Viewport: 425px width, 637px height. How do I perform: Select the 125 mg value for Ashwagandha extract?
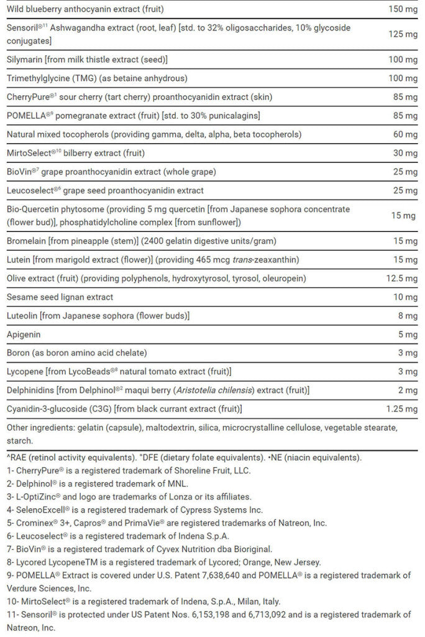point(403,34)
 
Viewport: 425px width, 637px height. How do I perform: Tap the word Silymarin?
point(24,59)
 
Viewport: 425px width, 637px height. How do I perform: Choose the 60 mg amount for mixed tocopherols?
point(405,134)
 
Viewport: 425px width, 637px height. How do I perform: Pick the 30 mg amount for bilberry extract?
point(405,153)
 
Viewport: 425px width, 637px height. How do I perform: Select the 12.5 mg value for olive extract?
point(401,278)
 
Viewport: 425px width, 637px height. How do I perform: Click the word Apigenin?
point(24,334)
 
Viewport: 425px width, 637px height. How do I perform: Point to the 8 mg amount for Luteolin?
point(408,316)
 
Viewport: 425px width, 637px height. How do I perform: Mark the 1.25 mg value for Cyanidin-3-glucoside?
point(401,409)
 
